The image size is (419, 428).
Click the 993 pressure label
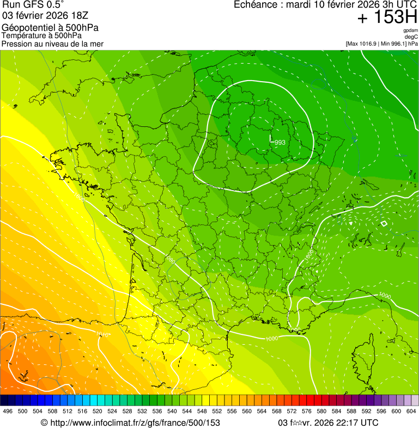click(280, 143)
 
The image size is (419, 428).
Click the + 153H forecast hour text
click(387, 18)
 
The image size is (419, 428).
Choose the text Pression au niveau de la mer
click(53, 44)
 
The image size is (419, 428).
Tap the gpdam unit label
click(410, 30)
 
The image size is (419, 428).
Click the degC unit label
click(411, 37)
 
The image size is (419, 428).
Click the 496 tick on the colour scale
click(8, 412)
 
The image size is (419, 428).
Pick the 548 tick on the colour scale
click(201, 412)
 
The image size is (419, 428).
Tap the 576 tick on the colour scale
click(306, 412)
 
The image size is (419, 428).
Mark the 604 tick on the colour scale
click(411, 412)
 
